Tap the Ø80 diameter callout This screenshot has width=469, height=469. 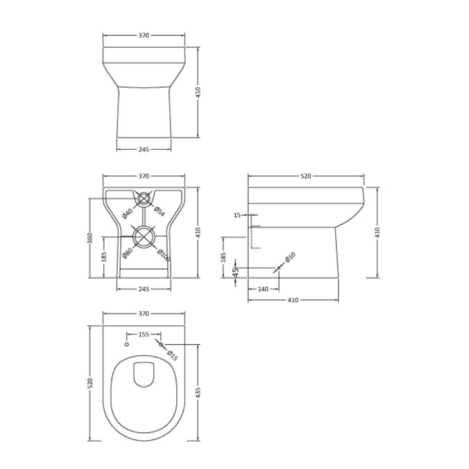pos(127,253)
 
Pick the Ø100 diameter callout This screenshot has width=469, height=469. pos(163,255)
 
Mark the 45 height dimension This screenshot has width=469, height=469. pos(235,272)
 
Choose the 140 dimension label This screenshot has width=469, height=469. pos(263,289)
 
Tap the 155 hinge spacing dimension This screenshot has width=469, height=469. pos(144,334)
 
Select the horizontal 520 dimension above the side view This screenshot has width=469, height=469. pos(306,176)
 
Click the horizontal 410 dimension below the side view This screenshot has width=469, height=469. pos(293,300)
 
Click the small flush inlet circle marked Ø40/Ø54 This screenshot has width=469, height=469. pos(143,198)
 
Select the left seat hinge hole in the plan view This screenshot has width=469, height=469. pos(127,344)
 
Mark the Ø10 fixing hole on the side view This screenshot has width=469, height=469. pos(278,268)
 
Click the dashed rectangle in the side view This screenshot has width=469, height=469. pos(255,237)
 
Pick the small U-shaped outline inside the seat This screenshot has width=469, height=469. pos(144,374)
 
